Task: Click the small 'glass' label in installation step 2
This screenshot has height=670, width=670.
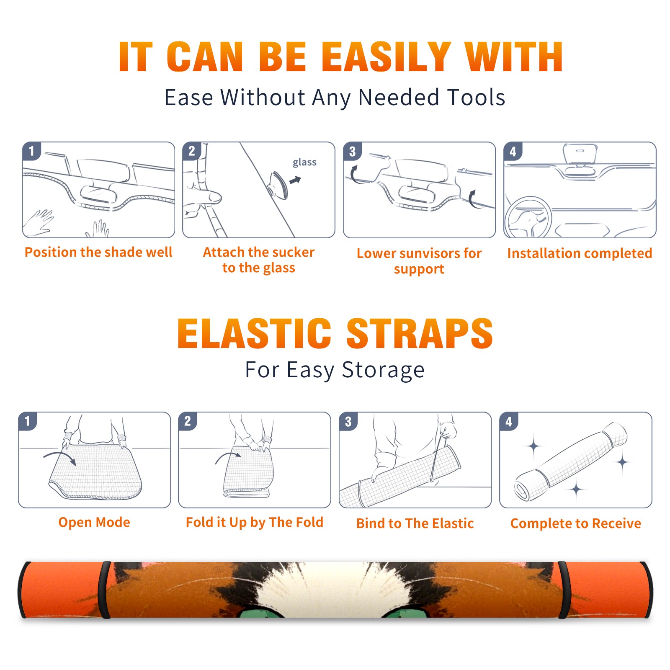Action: coord(304,162)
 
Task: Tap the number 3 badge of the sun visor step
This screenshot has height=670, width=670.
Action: coord(352,151)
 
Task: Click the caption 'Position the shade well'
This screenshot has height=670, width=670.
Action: coord(98,252)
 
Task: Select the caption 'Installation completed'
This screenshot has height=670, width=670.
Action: coord(580,253)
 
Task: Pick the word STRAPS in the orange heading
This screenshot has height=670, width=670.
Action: coord(420,333)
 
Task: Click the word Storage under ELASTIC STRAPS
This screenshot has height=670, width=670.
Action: coord(383,370)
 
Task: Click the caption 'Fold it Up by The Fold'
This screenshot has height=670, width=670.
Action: coord(255,522)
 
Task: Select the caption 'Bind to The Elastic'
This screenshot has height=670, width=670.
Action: coord(415,523)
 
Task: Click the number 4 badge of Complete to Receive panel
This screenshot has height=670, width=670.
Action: coord(509,421)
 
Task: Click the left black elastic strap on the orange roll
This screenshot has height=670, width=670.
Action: coord(105,590)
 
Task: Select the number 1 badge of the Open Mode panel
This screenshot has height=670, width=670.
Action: coord(28,421)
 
